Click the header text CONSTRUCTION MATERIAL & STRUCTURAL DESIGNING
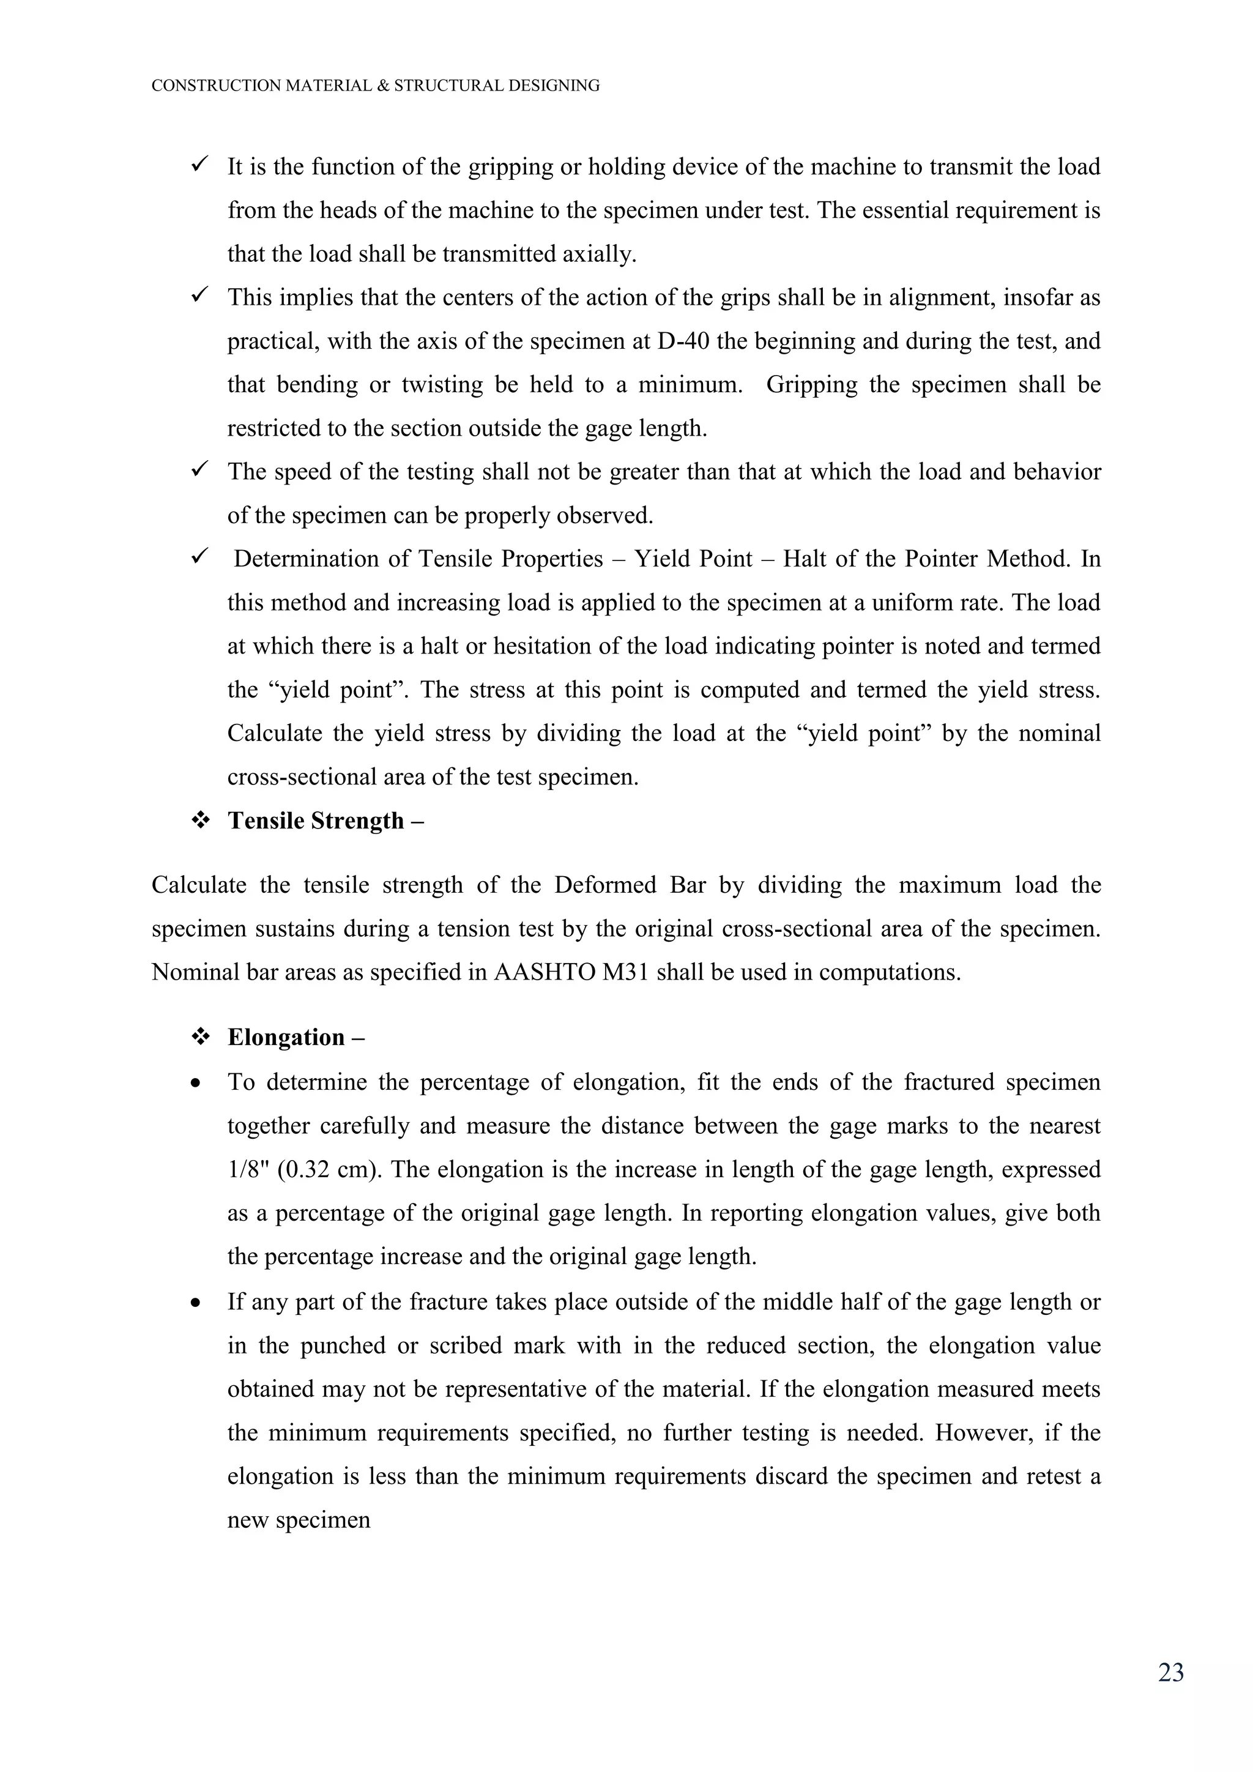tap(375, 86)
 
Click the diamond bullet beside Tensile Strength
tap(201, 821)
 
